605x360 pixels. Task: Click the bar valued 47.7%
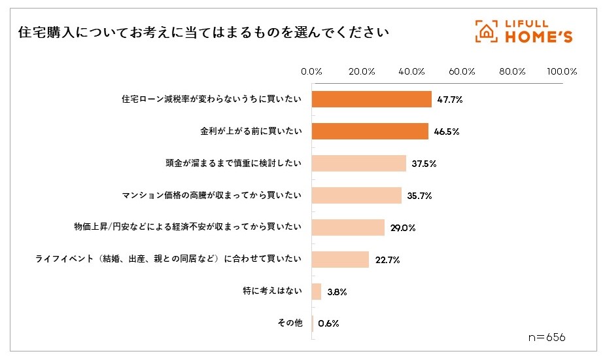(x=372, y=99)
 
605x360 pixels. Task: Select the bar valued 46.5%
(x=370, y=132)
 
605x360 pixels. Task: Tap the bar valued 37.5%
(x=358, y=164)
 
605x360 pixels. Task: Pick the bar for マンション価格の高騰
(x=356, y=196)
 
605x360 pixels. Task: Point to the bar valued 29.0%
(x=348, y=228)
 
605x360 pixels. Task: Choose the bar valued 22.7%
(x=340, y=260)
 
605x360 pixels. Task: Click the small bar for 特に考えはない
(x=317, y=292)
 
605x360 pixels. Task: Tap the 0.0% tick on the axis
(x=311, y=71)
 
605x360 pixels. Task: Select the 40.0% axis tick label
(x=412, y=71)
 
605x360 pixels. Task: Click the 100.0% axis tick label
(x=562, y=71)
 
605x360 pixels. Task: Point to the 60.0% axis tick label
(x=462, y=71)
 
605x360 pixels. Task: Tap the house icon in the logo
(x=485, y=31)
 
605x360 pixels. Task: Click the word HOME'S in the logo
(x=539, y=38)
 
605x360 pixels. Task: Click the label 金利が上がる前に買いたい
(x=251, y=132)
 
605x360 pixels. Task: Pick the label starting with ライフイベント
(x=168, y=260)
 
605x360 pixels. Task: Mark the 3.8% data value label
(x=336, y=292)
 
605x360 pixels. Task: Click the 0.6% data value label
(x=328, y=323)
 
